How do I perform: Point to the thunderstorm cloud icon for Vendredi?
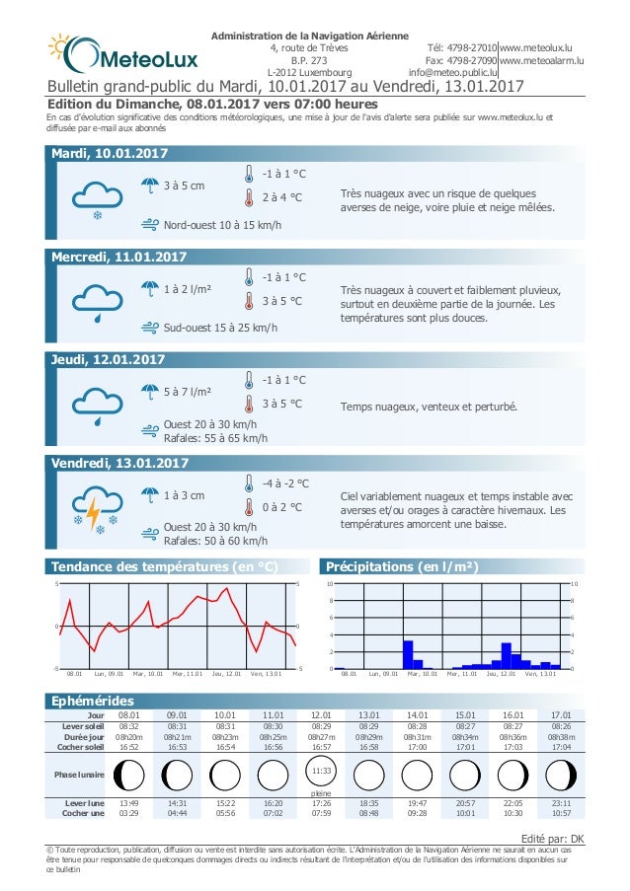click(96, 507)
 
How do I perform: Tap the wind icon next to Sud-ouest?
click(149, 328)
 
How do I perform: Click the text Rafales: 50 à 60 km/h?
click(215, 541)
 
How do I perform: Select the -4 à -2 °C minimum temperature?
click(285, 483)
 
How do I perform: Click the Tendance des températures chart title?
click(163, 566)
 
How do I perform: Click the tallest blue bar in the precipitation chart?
click(407, 654)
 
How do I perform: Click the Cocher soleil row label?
click(83, 747)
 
